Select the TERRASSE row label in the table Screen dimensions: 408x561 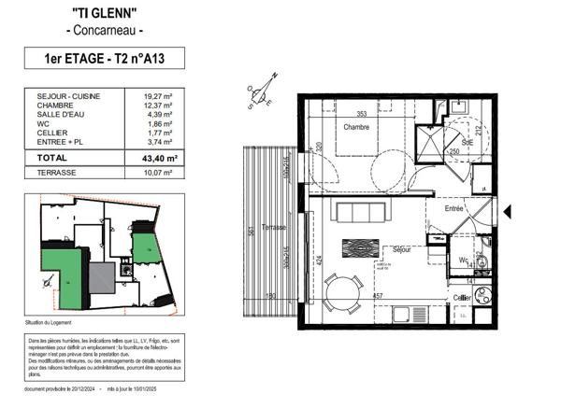click(58, 174)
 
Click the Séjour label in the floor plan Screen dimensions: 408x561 click(402, 250)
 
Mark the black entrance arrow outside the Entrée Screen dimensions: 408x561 click(507, 212)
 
